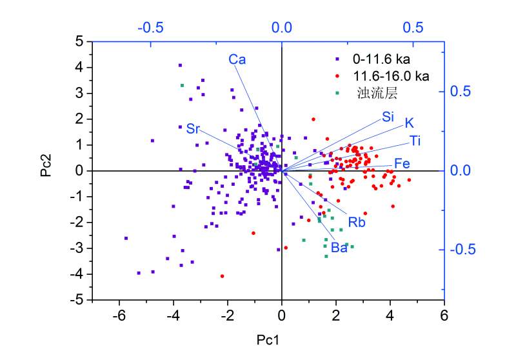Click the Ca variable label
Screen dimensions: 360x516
[x=237, y=60]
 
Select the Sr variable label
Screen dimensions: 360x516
[x=193, y=128]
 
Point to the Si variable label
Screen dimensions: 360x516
[x=388, y=117]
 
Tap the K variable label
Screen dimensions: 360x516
[x=409, y=123]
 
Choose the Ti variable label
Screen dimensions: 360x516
[x=415, y=141]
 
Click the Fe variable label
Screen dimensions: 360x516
[x=402, y=164]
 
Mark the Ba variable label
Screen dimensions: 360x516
[x=339, y=248]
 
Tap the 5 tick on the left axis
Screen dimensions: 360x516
[x=80, y=41]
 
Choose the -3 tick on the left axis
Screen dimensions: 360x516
[x=77, y=248]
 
